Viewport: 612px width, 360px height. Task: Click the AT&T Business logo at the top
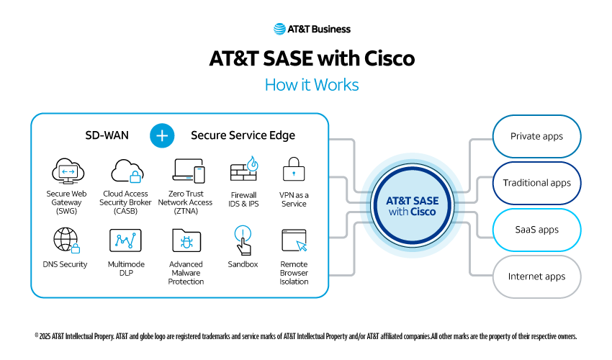[312, 30]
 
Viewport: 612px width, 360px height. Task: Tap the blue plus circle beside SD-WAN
[163, 135]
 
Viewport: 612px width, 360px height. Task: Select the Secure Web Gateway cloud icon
[67, 171]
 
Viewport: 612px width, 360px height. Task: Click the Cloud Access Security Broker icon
[127, 171]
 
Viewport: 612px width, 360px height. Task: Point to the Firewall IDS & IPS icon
[243, 170]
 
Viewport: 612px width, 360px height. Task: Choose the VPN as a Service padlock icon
[293, 170]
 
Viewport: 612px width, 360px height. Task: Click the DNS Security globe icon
[66, 240]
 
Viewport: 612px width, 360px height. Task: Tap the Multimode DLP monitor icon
[125, 240]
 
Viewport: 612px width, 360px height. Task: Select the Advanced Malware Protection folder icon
[186, 240]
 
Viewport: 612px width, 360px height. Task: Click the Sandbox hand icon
[243, 240]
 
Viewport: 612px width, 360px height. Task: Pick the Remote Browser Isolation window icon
[294, 240]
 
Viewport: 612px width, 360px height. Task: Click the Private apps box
[536, 136]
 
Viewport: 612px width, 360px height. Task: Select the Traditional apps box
[536, 183]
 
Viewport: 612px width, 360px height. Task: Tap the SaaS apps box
[536, 230]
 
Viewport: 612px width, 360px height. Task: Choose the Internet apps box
[536, 276]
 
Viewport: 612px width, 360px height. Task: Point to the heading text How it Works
[312, 85]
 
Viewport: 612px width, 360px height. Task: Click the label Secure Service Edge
[243, 135]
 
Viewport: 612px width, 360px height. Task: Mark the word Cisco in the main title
[386, 58]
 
